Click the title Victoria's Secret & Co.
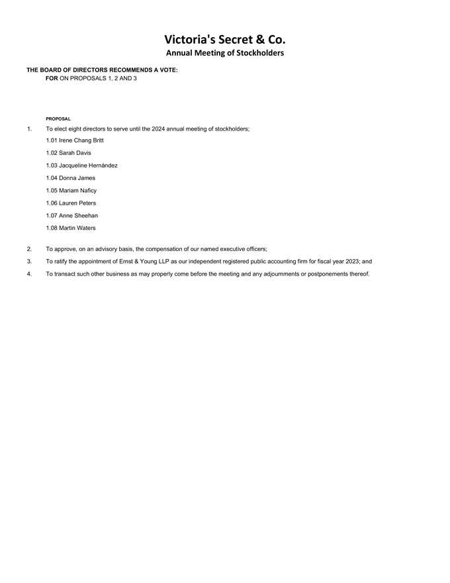tap(224, 39)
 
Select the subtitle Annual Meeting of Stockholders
tap(224, 53)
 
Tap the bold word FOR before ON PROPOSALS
tap(52, 78)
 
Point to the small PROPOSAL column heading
tap(58, 119)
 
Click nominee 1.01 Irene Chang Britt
tap(75, 140)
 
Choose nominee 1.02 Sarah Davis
tap(69, 153)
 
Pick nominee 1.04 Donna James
tap(71, 178)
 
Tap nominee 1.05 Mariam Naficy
tap(71, 191)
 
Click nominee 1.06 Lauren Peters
tap(71, 203)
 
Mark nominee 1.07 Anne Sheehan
tap(72, 216)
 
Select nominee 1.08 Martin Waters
tap(71, 229)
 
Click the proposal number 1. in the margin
tap(29, 129)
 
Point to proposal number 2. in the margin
tap(29, 249)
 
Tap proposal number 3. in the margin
tap(29, 262)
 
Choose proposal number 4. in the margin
tap(29, 274)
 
